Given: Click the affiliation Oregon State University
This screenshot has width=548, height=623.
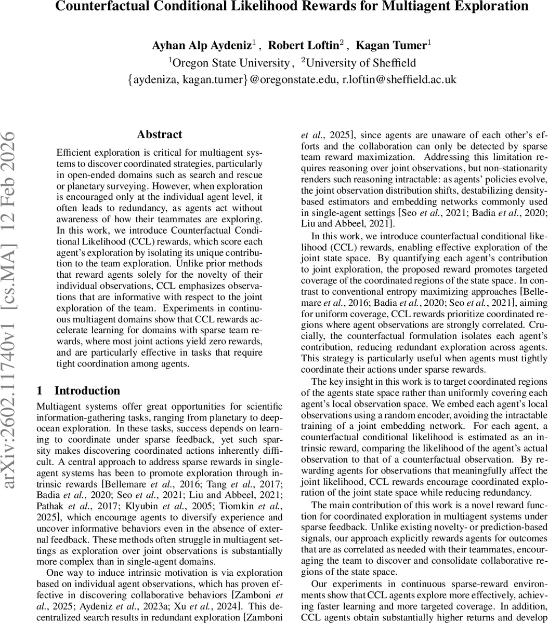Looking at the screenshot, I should [x=230, y=63].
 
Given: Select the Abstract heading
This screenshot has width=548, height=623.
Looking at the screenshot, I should [x=160, y=134].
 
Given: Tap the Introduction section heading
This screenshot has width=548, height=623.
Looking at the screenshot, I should [x=87, y=391].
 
